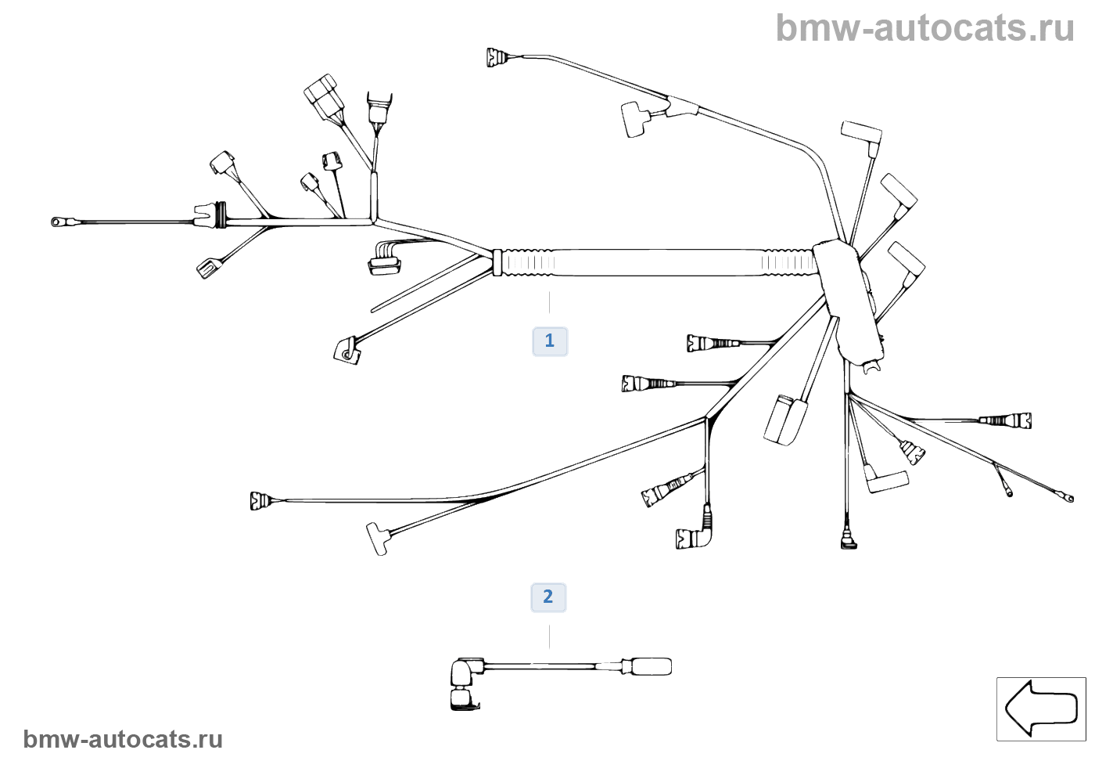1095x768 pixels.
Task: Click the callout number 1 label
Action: click(x=550, y=341)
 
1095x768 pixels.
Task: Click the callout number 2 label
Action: click(x=548, y=597)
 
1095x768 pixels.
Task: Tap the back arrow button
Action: click(x=1041, y=709)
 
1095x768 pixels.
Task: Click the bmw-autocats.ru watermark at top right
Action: click(x=925, y=28)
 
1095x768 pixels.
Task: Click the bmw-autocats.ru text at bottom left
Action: click(x=123, y=740)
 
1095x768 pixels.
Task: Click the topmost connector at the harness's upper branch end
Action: click(x=497, y=57)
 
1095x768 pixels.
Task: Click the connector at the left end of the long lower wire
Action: click(x=260, y=500)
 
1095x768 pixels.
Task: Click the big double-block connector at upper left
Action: click(x=322, y=95)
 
